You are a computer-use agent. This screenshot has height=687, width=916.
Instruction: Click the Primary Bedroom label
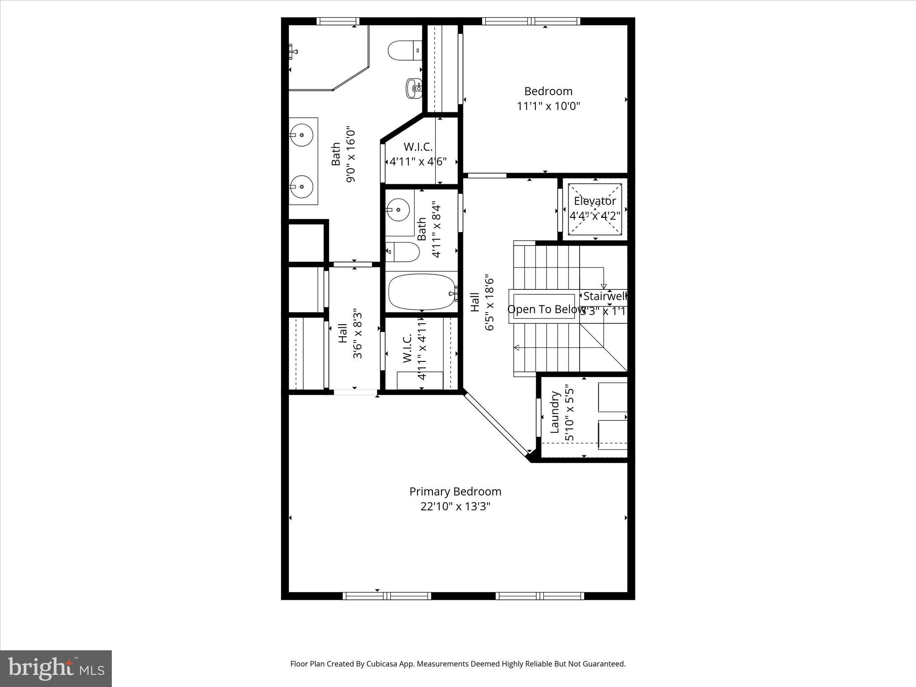(x=455, y=492)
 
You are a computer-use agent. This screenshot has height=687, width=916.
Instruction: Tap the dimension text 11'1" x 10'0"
(x=548, y=106)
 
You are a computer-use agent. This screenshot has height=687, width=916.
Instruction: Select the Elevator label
(x=595, y=201)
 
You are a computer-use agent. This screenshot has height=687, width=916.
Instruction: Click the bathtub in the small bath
(x=421, y=292)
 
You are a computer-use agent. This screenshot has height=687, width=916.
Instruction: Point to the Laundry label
(x=555, y=412)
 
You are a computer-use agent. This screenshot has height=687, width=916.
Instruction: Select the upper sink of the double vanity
(x=301, y=134)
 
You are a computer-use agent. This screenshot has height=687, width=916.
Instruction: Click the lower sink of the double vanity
(x=301, y=187)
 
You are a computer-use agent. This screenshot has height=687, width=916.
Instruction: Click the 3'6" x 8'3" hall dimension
(x=357, y=333)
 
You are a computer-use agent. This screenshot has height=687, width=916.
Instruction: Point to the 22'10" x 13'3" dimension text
(x=455, y=507)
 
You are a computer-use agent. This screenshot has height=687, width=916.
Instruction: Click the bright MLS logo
(x=56, y=669)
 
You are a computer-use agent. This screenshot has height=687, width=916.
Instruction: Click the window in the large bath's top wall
(x=338, y=21)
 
